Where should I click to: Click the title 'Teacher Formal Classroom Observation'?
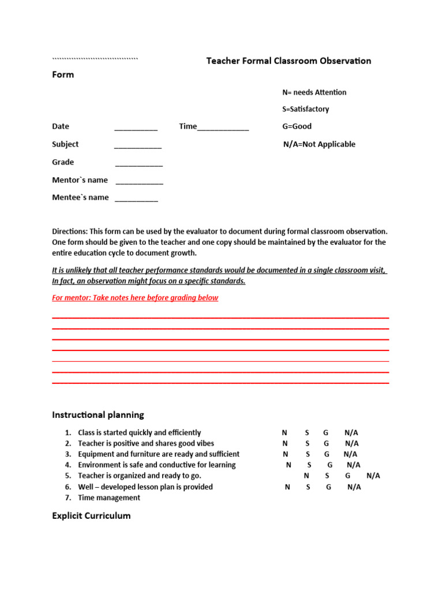point(288,61)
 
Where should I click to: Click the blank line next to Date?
point(136,128)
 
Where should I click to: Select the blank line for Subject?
point(138,146)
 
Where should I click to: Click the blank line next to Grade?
point(139,164)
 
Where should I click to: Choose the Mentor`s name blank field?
point(140,182)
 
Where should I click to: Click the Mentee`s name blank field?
point(136,199)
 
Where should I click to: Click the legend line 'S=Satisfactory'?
point(306,109)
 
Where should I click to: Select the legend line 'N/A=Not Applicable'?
point(319,144)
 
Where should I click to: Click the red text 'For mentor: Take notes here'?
point(135,298)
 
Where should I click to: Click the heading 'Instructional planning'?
point(98,414)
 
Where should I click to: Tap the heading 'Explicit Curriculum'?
point(91,515)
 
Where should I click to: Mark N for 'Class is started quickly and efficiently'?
point(284,433)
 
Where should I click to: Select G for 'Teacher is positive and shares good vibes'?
point(326,443)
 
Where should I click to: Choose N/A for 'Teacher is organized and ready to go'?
point(373,476)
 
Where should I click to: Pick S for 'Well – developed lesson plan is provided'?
point(308,487)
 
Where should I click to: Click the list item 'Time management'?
point(109,498)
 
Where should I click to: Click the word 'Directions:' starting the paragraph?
point(70,231)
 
